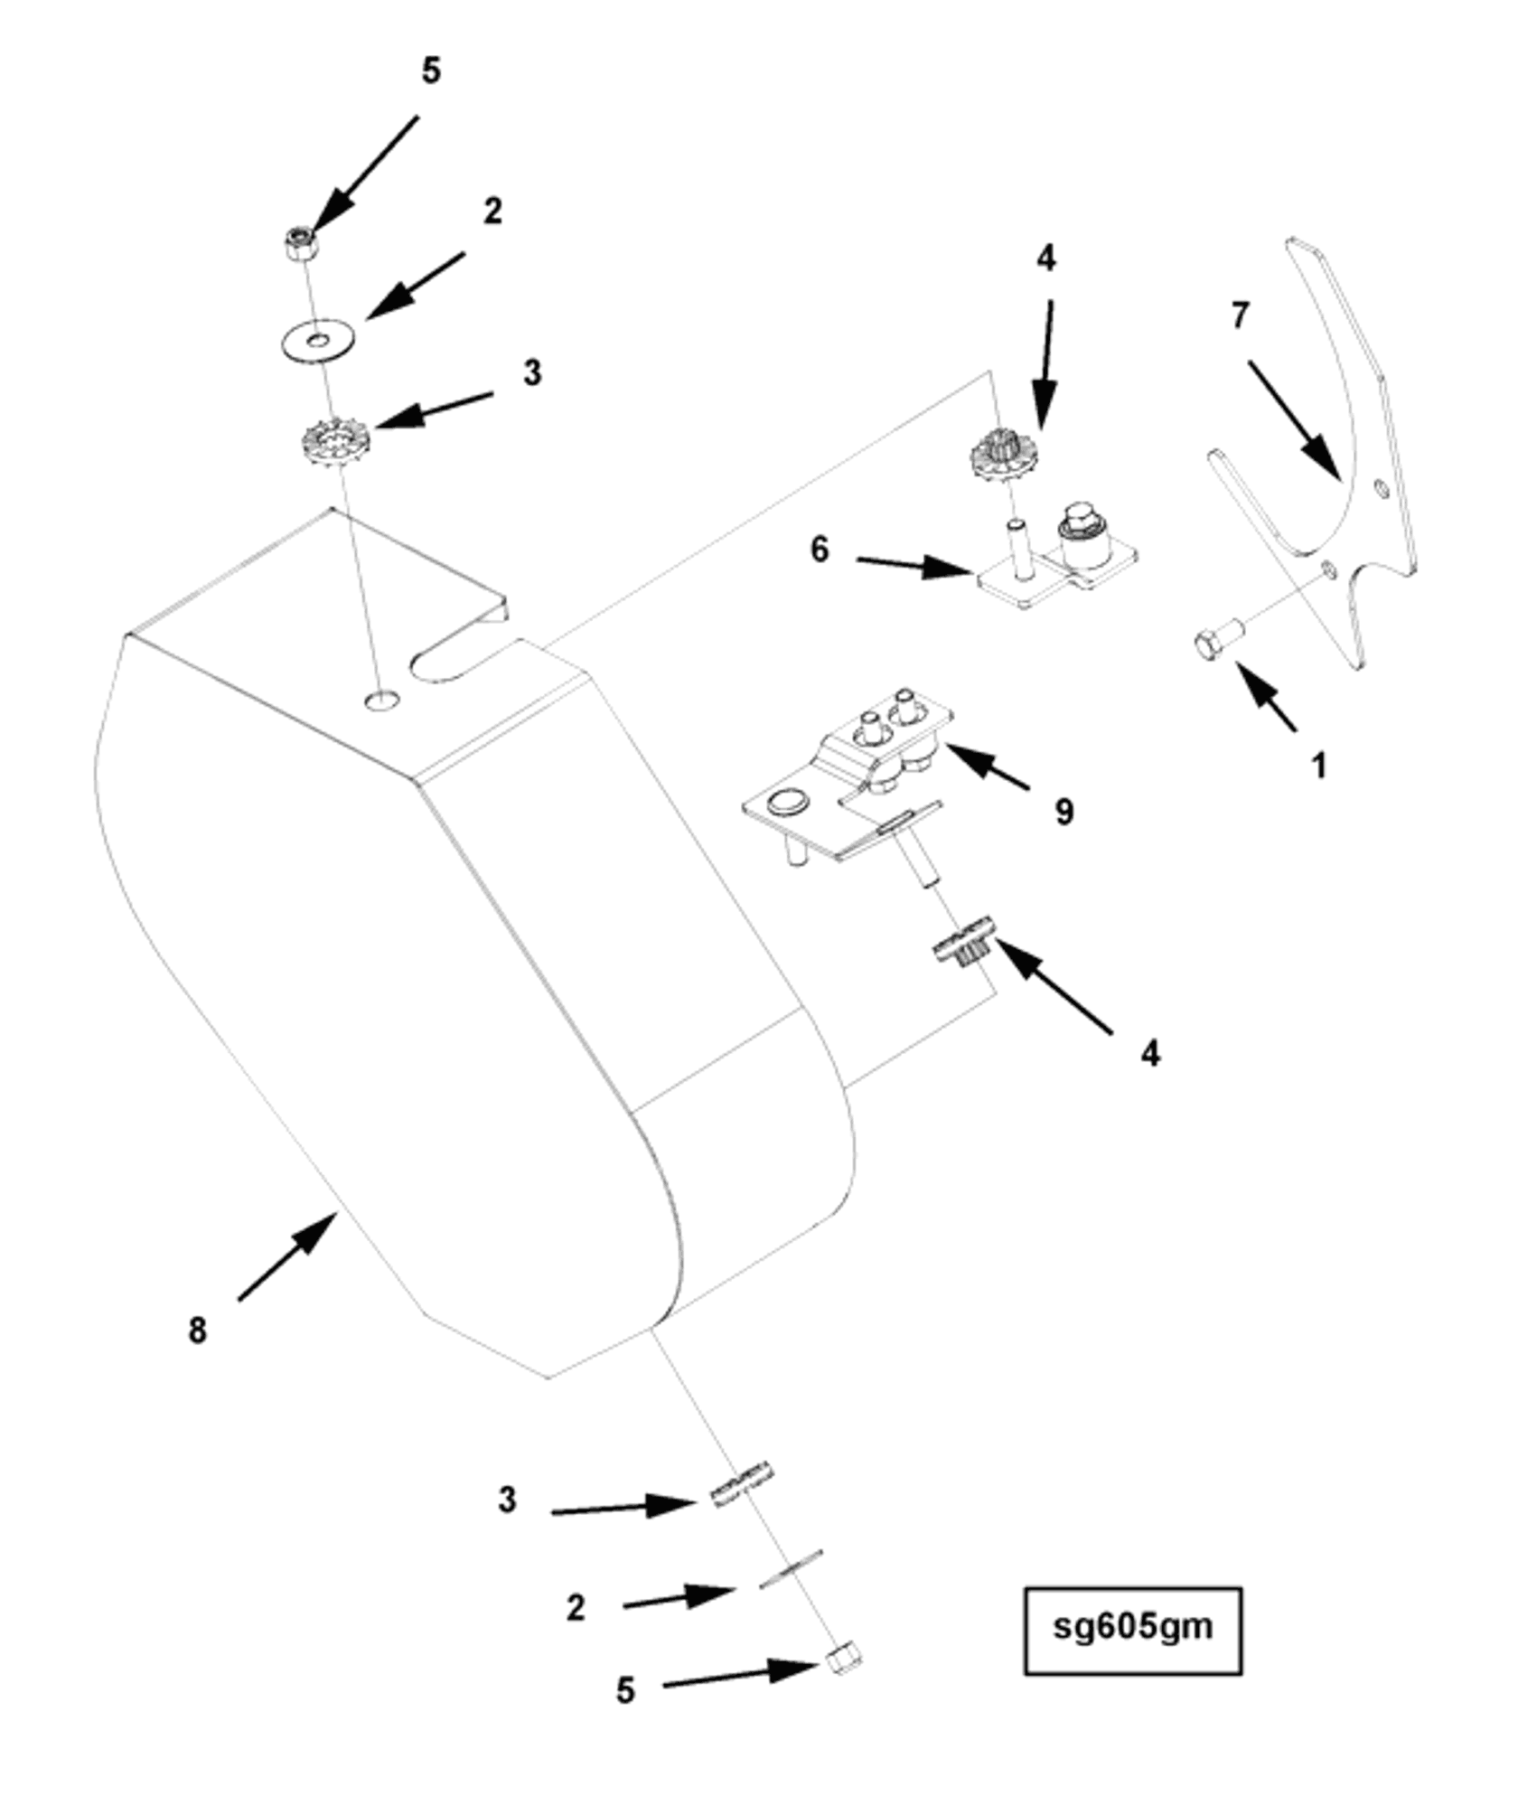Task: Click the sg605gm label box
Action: (1131, 1627)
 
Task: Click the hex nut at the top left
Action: (298, 243)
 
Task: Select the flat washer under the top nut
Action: (316, 341)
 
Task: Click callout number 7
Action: (1240, 315)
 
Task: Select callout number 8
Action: (197, 1331)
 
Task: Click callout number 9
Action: (1064, 812)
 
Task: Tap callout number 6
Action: (819, 549)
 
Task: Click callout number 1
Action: (1318, 766)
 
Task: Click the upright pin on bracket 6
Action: (1017, 548)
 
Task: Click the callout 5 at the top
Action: (431, 71)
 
